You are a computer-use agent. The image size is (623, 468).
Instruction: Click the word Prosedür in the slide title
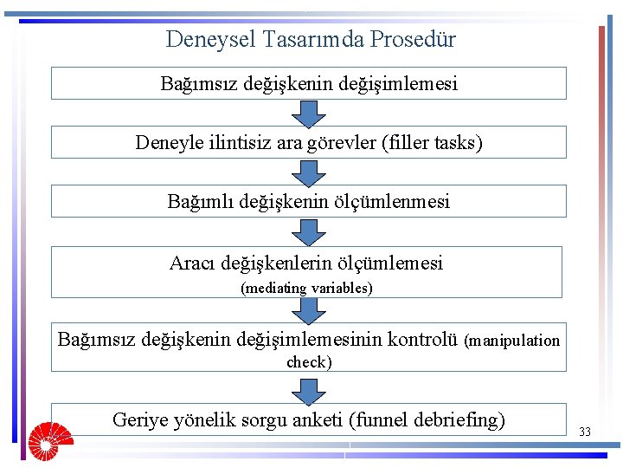pyautogui.click(x=414, y=39)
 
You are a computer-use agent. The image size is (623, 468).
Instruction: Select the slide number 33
pyautogui.click(x=585, y=432)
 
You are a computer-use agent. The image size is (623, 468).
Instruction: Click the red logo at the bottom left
pyautogui.click(x=49, y=439)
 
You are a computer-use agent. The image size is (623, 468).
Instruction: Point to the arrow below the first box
pyautogui.click(x=309, y=113)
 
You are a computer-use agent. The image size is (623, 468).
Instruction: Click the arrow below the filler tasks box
pyautogui.click(x=309, y=172)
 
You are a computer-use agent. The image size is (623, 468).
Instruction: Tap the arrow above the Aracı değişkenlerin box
pyautogui.click(x=309, y=231)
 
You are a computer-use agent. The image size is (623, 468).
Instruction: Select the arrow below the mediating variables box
pyautogui.click(x=309, y=309)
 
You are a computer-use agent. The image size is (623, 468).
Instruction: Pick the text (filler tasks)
pyautogui.click(x=432, y=142)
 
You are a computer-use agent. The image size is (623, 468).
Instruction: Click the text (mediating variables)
pyautogui.click(x=306, y=288)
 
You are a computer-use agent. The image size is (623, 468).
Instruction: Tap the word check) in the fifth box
pyautogui.click(x=309, y=362)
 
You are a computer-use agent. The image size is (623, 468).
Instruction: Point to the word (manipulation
pyautogui.click(x=512, y=341)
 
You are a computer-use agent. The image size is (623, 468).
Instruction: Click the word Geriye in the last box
pyautogui.click(x=141, y=420)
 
